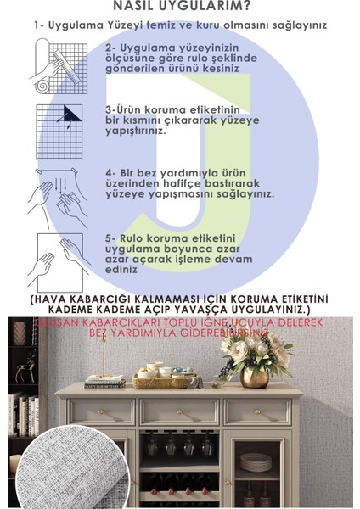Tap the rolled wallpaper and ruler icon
[60, 67]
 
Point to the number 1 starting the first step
[38, 25]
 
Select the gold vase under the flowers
[254, 378]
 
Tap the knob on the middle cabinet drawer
[178, 412]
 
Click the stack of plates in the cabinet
[255, 463]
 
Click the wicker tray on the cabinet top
[164, 381]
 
